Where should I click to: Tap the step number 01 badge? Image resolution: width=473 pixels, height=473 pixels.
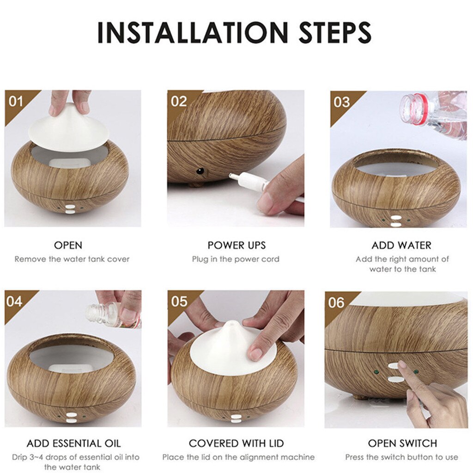(16, 101)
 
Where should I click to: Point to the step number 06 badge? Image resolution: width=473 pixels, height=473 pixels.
(336, 303)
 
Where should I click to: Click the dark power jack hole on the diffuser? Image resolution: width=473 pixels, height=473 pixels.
(200, 171)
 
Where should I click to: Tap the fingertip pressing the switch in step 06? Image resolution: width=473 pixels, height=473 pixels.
(403, 365)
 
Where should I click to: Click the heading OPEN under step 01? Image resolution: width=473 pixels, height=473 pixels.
(68, 245)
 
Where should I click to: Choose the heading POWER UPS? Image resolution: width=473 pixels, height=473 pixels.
(236, 245)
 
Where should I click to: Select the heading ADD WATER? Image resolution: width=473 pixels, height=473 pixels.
(401, 245)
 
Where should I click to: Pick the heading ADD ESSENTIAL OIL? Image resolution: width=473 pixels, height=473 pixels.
(73, 443)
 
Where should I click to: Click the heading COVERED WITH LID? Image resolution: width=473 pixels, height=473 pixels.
(236, 443)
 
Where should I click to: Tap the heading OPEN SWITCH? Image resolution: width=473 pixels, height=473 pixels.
(402, 443)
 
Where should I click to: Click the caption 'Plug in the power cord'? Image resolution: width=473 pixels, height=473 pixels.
(236, 259)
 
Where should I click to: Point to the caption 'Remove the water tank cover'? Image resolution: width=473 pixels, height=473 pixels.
(72, 259)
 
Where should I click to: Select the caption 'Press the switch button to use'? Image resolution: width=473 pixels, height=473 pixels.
(401, 457)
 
